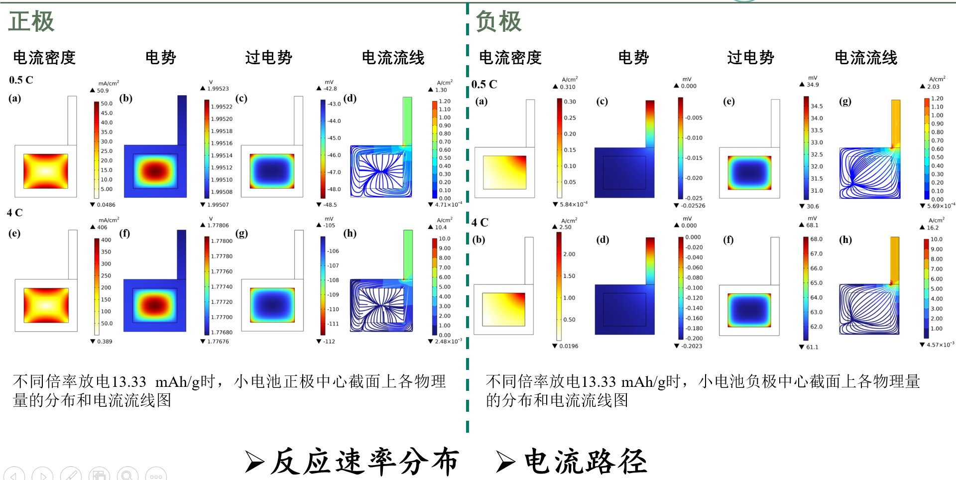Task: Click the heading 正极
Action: (x=31, y=22)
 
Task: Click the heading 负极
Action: (x=498, y=22)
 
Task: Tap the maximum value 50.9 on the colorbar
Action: (x=103, y=91)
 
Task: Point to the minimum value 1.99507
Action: (x=218, y=205)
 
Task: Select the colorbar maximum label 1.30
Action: (x=441, y=90)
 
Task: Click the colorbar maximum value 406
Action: (x=102, y=228)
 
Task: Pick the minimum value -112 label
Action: (x=329, y=342)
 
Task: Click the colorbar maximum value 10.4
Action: (x=441, y=228)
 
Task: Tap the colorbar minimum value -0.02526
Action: (x=693, y=206)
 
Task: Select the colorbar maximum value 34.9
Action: (x=813, y=85)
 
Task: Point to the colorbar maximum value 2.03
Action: (x=933, y=87)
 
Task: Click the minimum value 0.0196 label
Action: (x=569, y=346)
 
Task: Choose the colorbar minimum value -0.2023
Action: (x=692, y=346)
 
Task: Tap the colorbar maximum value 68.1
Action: (x=812, y=226)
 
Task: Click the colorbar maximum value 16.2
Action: (x=933, y=228)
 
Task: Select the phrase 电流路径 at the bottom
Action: (x=586, y=462)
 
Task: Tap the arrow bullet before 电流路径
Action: (x=505, y=462)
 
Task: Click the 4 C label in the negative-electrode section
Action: (x=480, y=223)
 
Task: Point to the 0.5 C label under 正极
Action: (x=21, y=80)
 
